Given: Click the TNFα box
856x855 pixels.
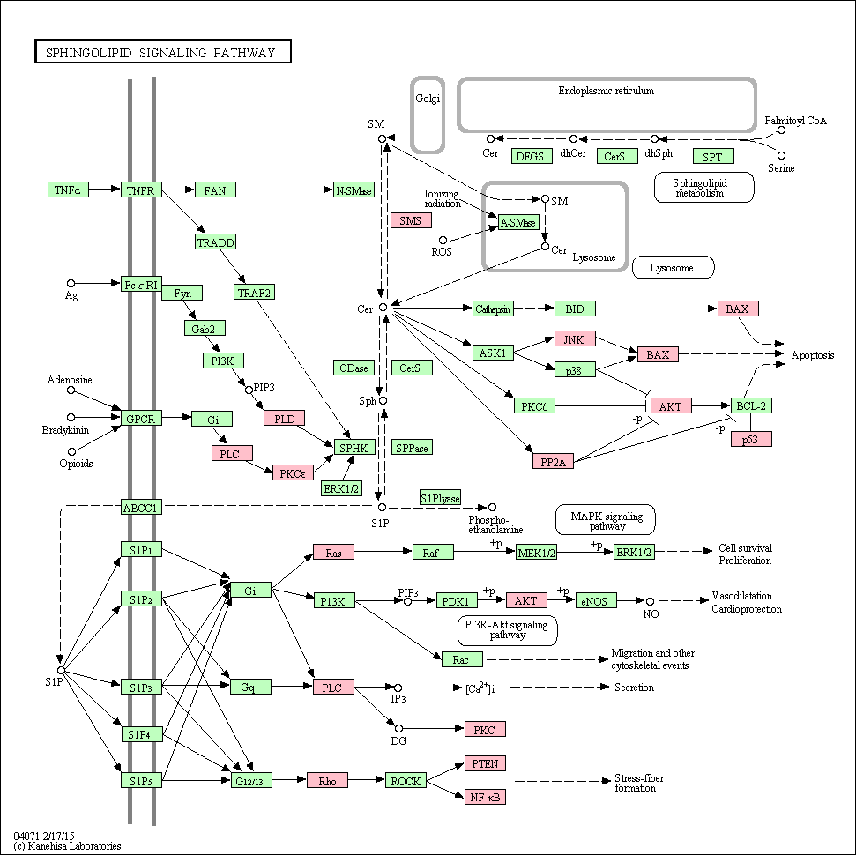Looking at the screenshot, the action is tap(68, 190).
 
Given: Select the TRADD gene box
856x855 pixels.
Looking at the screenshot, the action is tap(216, 242).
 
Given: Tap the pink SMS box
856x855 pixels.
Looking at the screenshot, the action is tap(411, 220).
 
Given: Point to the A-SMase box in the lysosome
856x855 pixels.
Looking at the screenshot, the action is tap(518, 222).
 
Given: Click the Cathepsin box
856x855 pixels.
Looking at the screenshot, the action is tap(493, 309).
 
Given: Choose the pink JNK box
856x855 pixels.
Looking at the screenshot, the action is tap(575, 339).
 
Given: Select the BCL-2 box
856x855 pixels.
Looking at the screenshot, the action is tap(751, 405).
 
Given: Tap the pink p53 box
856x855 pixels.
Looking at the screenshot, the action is tap(751, 439).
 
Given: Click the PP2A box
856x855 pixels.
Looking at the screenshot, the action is tap(553, 462).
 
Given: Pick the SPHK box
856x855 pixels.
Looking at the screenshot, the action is tap(354, 448).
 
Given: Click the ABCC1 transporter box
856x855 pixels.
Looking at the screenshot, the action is tap(141, 507).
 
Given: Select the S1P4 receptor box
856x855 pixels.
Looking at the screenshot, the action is tap(141, 734).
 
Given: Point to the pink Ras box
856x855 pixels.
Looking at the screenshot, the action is tap(333, 553).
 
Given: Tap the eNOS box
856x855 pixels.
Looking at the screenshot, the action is tap(596, 601).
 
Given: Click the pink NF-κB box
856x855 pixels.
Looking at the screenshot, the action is tap(486, 797).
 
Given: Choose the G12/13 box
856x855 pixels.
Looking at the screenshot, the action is tap(251, 781).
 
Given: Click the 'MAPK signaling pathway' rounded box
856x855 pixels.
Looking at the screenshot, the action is tap(606, 520).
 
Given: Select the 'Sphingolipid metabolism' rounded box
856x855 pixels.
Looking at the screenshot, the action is tap(704, 188).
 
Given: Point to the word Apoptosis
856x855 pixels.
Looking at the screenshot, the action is tap(813, 355).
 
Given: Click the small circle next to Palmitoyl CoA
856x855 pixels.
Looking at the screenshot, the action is tap(782, 130).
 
